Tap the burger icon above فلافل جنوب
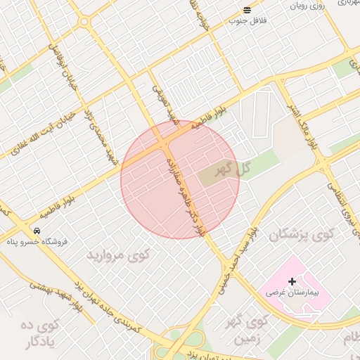[x=247, y=10]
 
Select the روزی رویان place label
[x=307, y=6]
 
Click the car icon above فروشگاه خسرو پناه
[x=36, y=231]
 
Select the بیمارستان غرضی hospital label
[x=297, y=292]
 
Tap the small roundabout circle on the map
[x=84, y=22]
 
